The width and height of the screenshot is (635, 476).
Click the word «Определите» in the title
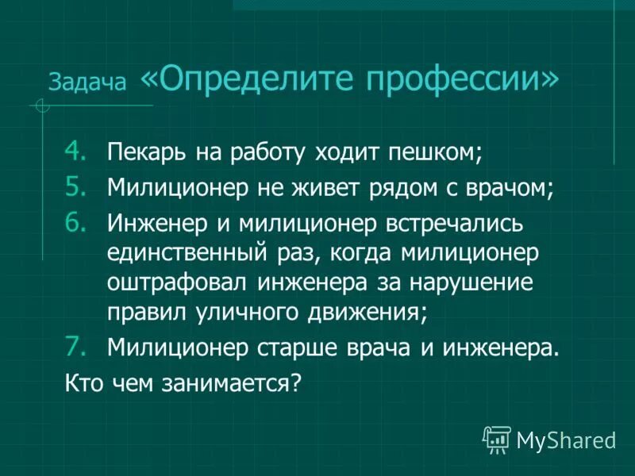pyautogui.click(x=245, y=79)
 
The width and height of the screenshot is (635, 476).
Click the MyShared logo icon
pyautogui.click(x=497, y=438)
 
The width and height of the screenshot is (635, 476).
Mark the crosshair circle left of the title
pyautogui.click(x=42, y=106)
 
